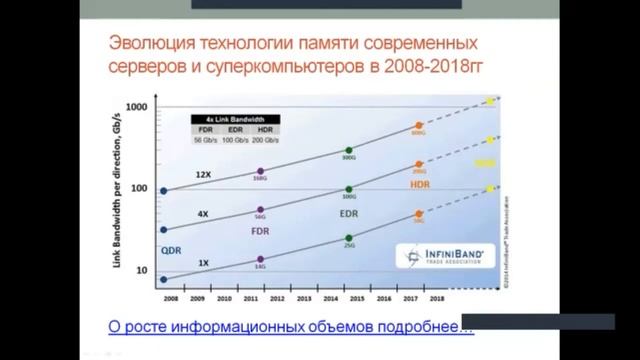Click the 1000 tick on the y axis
click(137, 106)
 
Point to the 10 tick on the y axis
click(141, 270)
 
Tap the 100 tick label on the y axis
click(139, 188)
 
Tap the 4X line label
click(202, 213)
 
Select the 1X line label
click(202, 262)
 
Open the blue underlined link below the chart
click(290, 326)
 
